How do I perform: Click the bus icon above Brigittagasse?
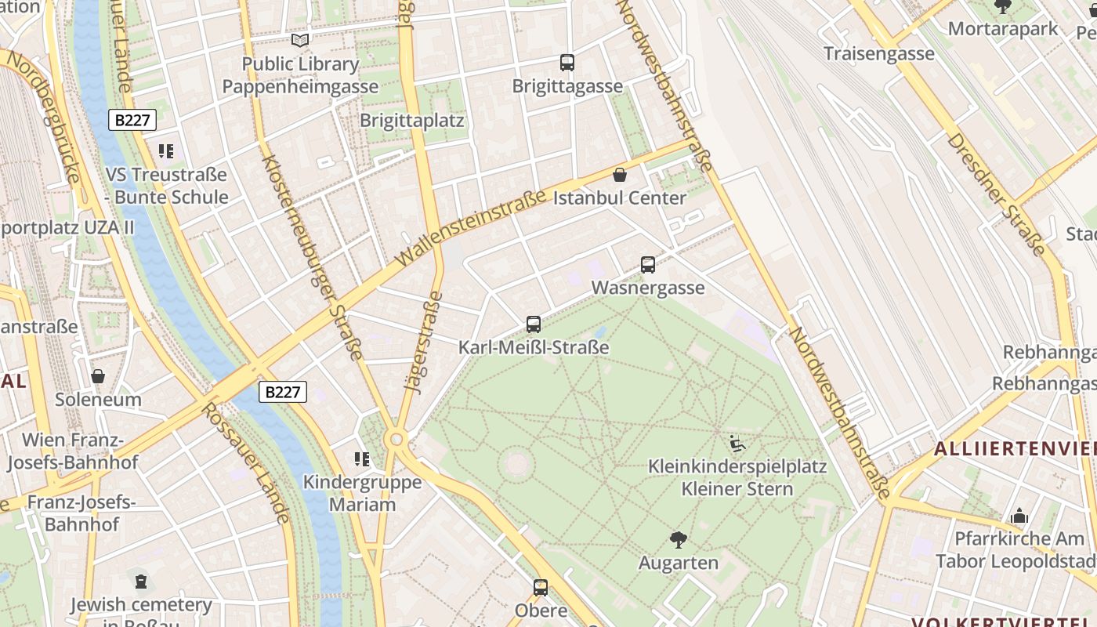[x=567, y=63]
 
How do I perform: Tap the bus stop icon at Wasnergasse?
[x=647, y=265]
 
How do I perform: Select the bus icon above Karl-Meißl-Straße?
[x=534, y=324]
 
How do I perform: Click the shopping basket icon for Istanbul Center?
[x=620, y=175]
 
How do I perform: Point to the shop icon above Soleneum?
[x=98, y=377]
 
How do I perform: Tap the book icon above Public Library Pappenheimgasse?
[x=300, y=40]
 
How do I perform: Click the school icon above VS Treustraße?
[x=165, y=150]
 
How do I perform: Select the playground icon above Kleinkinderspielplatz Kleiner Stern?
[x=737, y=444]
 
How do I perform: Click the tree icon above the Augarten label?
[x=678, y=539]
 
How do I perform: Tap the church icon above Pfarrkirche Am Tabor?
[x=1019, y=516]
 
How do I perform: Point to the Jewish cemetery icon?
[x=140, y=582]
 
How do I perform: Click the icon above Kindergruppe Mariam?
[x=361, y=459]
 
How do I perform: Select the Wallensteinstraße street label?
[x=470, y=227]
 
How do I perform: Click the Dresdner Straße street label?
[x=995, y=194]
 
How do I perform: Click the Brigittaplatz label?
[x=411, y=121]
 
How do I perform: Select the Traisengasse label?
[x=878, y=53]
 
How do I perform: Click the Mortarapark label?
[x=1002, y=29]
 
